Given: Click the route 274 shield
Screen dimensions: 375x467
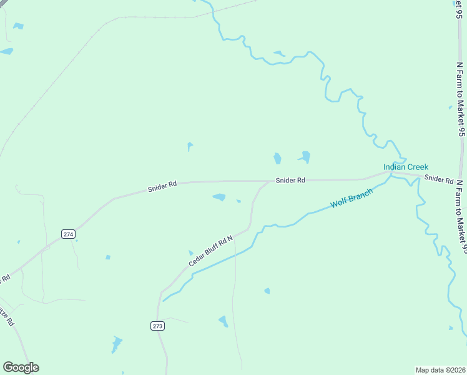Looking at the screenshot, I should [69, 234].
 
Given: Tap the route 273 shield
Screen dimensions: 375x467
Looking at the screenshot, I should [157, 326].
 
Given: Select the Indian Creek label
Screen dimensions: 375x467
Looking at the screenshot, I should [406, 167].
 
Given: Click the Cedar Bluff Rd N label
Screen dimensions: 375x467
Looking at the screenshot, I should [210, 252].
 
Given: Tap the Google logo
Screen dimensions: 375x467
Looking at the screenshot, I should [21, 367].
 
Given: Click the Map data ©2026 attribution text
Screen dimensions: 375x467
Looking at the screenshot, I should [440, 369].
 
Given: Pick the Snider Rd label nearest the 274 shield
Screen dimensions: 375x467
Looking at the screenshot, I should [162, 186].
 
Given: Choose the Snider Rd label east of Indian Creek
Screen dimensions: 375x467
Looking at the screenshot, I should [438, 179].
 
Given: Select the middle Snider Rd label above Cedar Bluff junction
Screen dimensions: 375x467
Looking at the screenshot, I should [291, 180].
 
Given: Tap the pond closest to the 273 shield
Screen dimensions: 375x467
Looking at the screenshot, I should [116, 344].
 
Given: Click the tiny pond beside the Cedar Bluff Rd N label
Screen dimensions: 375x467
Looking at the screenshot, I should [191, 252].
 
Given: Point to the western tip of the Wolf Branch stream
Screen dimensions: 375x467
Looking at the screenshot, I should [164, 301].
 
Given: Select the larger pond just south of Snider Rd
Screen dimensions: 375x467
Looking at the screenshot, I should [219, 197].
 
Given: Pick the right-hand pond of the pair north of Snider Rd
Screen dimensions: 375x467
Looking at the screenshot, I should [305, 156].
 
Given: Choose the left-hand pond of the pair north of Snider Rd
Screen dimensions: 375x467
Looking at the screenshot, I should [277, 158].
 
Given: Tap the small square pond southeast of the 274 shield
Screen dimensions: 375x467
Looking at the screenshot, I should [108, 257].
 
